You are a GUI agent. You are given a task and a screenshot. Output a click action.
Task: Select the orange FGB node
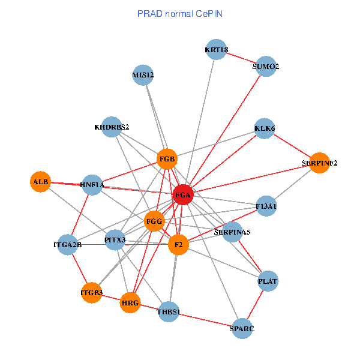167,159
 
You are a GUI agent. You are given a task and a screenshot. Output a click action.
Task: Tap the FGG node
155,221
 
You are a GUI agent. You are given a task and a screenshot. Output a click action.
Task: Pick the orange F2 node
178,245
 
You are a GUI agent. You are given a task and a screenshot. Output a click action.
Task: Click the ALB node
40,181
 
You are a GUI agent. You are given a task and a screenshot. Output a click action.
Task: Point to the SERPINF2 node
319,163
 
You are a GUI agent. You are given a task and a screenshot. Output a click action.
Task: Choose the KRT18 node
216,50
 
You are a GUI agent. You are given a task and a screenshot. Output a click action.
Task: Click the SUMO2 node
266,67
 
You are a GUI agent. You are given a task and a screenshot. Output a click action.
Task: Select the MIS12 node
143,75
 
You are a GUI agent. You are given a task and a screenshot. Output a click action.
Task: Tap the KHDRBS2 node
112,127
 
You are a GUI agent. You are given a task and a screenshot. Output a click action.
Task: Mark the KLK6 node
265,128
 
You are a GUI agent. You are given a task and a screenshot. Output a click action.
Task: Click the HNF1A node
92,185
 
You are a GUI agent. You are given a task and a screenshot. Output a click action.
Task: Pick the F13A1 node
266,206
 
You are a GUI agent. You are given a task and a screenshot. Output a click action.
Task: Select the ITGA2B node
67,244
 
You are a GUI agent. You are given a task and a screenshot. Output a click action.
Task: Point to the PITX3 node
115,240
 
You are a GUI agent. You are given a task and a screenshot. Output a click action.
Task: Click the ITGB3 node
91,292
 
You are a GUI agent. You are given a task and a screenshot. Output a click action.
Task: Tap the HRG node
130,303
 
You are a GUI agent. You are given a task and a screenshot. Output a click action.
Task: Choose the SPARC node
242,328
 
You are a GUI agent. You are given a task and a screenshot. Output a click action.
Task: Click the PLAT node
268,281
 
